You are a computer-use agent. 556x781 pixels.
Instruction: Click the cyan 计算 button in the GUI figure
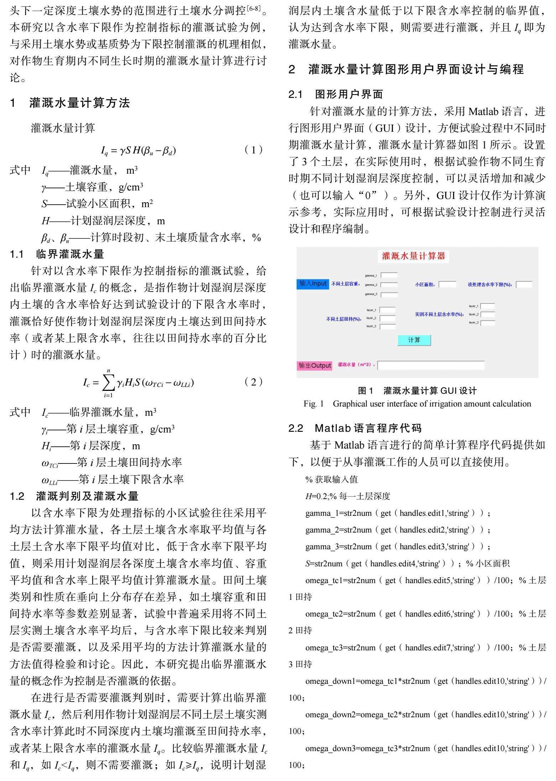tap(414, 340)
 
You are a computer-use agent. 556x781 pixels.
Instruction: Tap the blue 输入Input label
tap(313, 284)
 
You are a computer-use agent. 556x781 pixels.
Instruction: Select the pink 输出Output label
tap(315, 365)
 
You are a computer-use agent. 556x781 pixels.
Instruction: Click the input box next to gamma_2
tap(389, 285)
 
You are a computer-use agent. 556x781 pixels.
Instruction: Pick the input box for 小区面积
tap(447, 284)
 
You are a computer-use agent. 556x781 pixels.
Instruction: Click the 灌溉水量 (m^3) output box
tap(431, 365)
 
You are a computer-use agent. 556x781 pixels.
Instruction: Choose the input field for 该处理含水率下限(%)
tap(524, 284)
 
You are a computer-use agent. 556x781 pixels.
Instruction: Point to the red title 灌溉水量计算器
tap(413, 256)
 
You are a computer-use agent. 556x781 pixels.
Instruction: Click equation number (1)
tap(254, 150)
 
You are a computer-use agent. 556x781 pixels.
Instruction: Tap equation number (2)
tap(254, 382)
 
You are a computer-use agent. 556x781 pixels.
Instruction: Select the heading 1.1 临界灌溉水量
tap(57, 254)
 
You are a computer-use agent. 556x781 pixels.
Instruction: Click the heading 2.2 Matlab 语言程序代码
tap(355, 428)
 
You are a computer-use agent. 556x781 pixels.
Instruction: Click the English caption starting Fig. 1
tap(417, 404)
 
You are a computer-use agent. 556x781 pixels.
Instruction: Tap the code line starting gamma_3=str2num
tap(398, 546)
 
